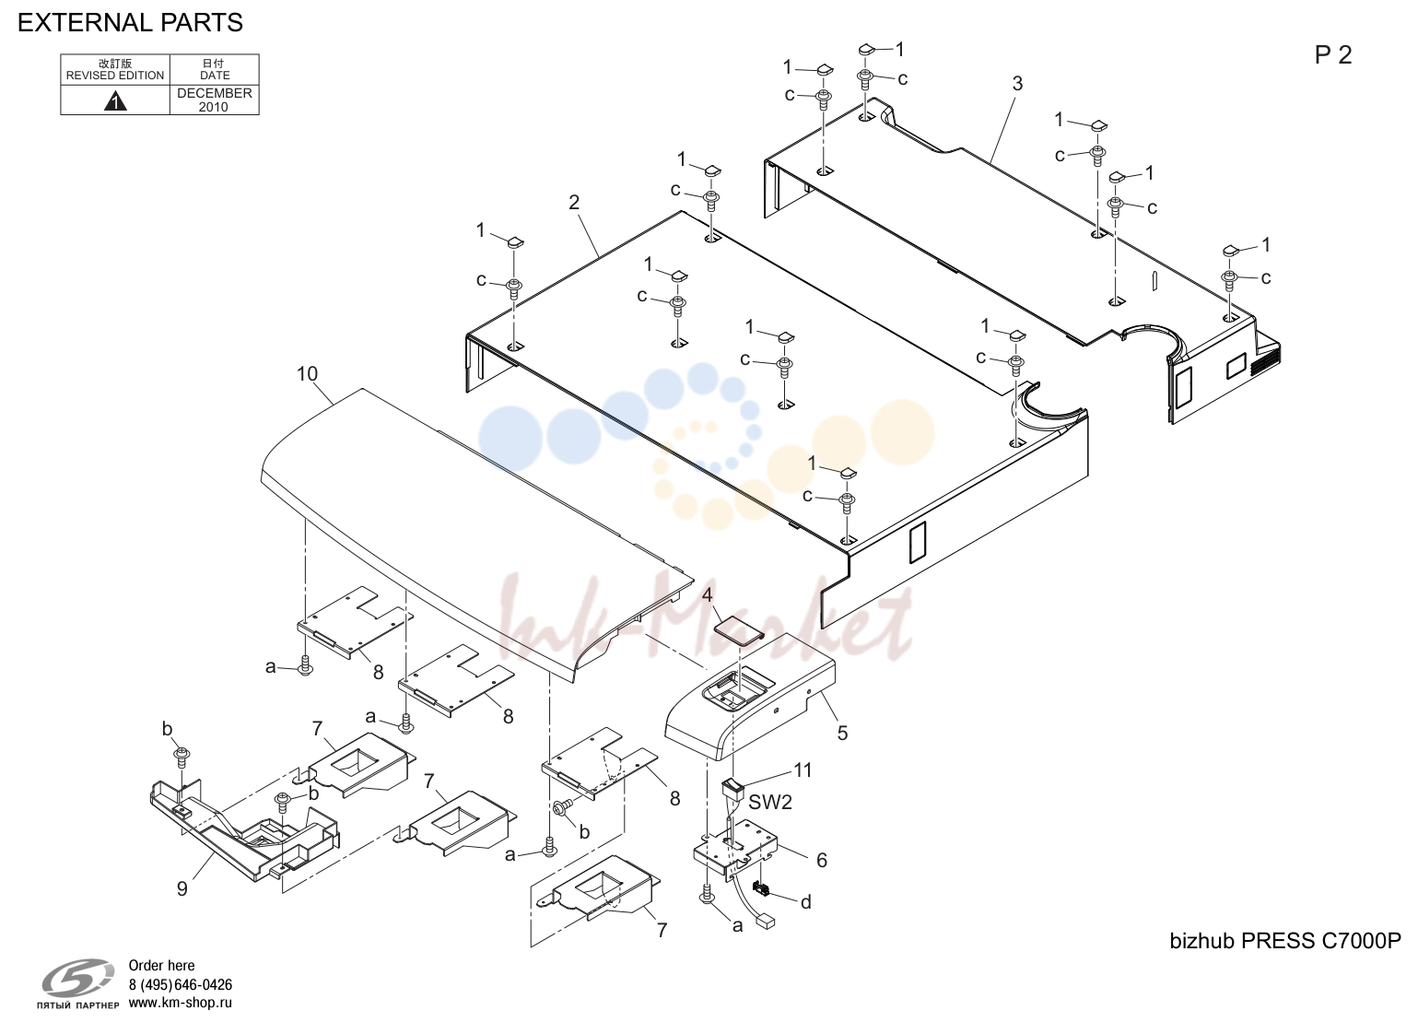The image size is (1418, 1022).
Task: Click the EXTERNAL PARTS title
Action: click(x=130, y=23)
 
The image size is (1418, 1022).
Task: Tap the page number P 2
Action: click(x=1333, y=55)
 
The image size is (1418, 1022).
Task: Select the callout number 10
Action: click(x=307, y=374)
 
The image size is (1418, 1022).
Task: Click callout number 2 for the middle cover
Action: click(x=573, y=202)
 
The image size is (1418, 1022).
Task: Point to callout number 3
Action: click(x=1017, y=84)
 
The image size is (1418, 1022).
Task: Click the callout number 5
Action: click(x=842, y=734)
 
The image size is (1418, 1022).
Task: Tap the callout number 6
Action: click(x=822, y=861)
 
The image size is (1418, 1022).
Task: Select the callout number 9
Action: click(x=182, y=889)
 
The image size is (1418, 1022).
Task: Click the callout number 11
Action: click(x=803, y=770)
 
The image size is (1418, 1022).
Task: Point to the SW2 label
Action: click(x=770, y=803)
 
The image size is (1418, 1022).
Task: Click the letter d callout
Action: click(x=806, y=902)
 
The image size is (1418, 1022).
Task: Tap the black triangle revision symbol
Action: click(x=115, y=101)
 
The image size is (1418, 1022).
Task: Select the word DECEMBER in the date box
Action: click(x=215, y=93)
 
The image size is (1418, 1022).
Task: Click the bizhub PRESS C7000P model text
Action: click(x=1285, y=942)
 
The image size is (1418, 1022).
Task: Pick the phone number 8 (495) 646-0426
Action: click(x=181, y=985)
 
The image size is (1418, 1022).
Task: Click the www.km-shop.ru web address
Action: click(x=181, y=1003)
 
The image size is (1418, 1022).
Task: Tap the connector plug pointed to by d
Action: click(x=760, y=889)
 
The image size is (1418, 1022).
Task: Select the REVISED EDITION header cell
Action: click(x=115, y=70)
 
